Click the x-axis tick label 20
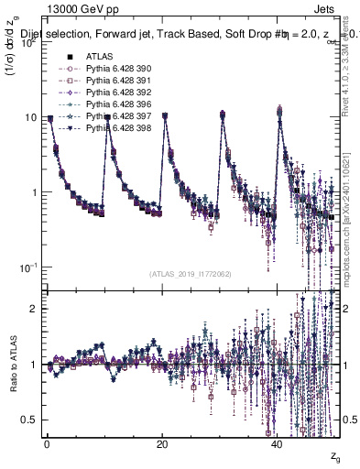pos(162,443)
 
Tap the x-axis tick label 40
pos(278,443)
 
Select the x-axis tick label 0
pos(47,443)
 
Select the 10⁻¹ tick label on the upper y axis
pos(27,267)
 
